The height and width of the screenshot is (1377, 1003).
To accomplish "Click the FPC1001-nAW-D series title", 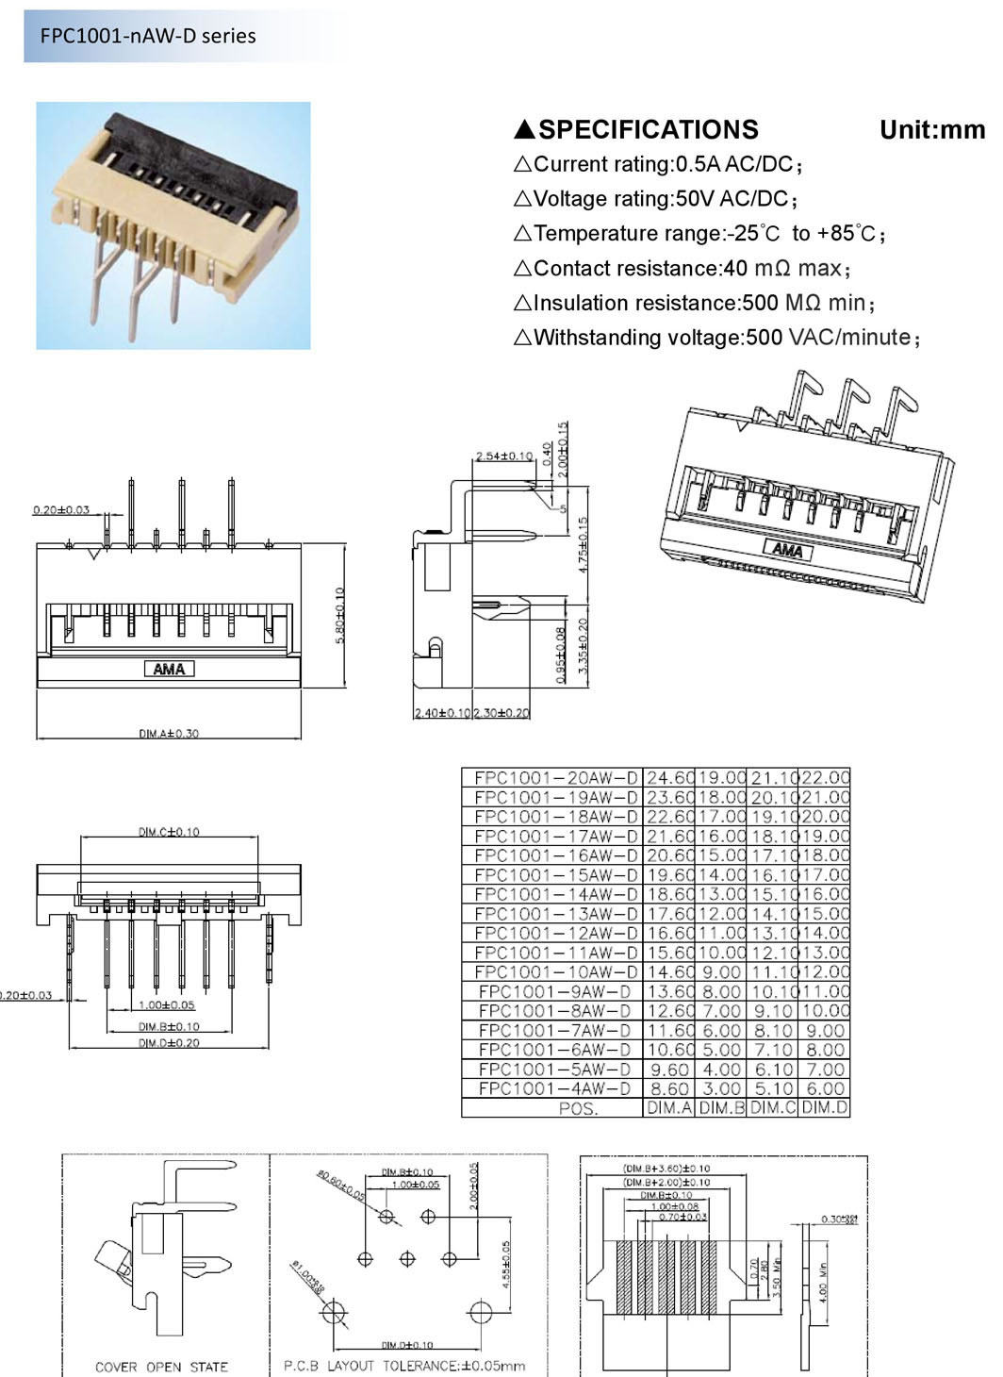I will click(x=148, y=36).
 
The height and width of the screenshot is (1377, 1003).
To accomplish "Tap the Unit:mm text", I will click(x=931, y=129).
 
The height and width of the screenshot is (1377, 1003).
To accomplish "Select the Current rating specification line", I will click(x=658, y=165).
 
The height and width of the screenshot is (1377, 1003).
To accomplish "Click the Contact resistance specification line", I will click(x=682, y=269).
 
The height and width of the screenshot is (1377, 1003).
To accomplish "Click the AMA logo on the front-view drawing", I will click(x=169, y=669).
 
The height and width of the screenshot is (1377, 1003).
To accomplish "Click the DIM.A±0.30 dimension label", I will click(x=169, y=733).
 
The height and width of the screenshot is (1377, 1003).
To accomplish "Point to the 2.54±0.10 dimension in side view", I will click(x=503, y=456).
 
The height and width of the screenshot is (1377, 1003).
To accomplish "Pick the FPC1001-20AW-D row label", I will click(x=555, y=778).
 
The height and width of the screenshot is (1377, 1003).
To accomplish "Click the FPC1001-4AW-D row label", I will click(x=555, y=1088).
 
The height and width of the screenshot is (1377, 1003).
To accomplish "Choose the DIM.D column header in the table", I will click(x=825, y=1108).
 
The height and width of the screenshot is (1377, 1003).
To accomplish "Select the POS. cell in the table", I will click(x=578, y=1109).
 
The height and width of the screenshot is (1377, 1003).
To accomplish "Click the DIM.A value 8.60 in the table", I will click(x=669, y=1088).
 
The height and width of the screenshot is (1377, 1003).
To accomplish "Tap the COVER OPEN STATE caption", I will click(x=161, y=1367).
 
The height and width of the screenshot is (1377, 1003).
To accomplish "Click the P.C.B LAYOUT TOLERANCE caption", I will click(x=404, y=1366).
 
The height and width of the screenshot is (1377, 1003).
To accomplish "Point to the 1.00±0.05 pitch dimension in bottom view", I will click(x=167, y=1005).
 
